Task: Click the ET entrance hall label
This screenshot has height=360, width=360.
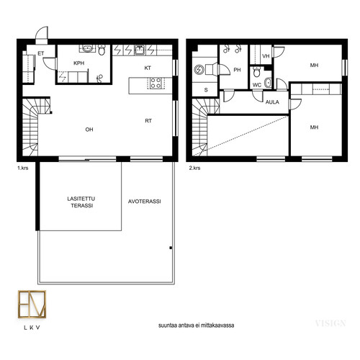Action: tap(41, 53)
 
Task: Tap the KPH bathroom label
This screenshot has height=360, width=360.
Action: tap(79, 63)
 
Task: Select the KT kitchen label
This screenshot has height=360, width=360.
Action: tap(148, 68)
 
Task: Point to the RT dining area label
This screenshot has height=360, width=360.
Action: tap(148, 121)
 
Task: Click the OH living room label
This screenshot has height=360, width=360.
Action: tap(89, 130)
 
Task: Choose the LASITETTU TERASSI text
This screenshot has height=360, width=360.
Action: tap(81, 202)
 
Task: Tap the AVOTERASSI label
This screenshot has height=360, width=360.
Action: tap(145, 202)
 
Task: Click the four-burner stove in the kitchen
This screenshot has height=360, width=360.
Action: tap(156, 83)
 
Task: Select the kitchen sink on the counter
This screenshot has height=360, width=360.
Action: tap(140, 50)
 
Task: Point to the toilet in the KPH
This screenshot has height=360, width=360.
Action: tap(102, 50)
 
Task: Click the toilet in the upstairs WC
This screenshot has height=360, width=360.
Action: tap(256, 72)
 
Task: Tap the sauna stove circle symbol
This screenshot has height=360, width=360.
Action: tap(199, 70)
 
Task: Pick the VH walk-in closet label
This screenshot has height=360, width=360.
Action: tap(266, 56)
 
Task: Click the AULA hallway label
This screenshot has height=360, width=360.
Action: tap(272, 102)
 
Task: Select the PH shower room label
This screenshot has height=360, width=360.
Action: tap(237, 70)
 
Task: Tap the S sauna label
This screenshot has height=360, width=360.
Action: tap(206, 90)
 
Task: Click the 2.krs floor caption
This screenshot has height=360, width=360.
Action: tap(194, 168)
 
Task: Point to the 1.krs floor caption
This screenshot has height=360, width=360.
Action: tap(23, 168)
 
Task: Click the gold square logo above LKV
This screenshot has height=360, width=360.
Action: tap(32, 304)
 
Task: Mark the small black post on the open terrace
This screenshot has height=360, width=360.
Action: tap(171, 248)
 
